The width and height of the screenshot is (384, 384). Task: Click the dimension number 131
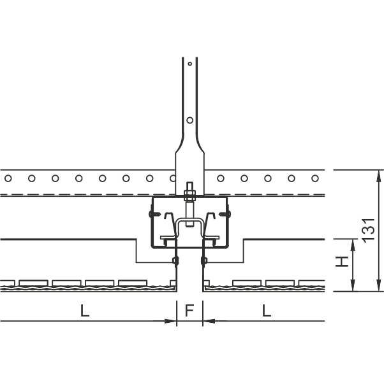[369, 230]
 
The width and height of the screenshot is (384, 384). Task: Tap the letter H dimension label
[343, 262]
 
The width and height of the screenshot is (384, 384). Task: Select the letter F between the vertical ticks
[189, 310]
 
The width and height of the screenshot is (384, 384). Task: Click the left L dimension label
[85, 311]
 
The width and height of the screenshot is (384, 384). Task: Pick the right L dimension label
[267, 311]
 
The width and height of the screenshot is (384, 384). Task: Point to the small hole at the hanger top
[190, 64]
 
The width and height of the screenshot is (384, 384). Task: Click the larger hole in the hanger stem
[190, 120]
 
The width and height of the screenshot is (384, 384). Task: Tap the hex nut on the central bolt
[189, 195]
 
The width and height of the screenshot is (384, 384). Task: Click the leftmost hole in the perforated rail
[8, 178]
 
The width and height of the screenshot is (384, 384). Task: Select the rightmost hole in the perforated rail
[315, 178]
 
